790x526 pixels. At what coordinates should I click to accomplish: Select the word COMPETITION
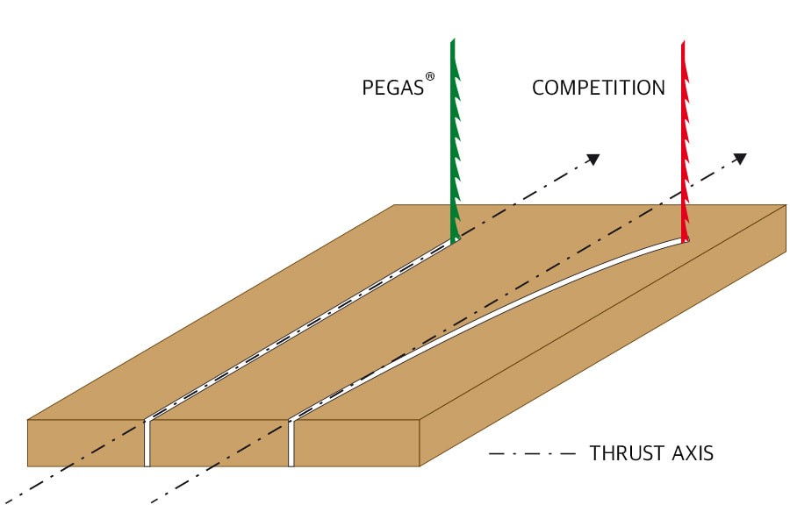pos(599,88)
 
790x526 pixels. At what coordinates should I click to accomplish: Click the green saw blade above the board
pos(455,140)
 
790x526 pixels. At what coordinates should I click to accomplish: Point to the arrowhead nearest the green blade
pos(593,159)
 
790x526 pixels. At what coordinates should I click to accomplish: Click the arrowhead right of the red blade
pos(740,159)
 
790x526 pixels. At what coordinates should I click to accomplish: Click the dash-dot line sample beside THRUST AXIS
pos(531,454)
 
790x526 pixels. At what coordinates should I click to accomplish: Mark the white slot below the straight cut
pos(147,444)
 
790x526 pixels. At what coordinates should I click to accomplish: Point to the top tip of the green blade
pos(452,41)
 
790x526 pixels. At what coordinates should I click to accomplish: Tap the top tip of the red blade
pos(683,41)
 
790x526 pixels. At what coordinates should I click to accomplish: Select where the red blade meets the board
pos(685,238)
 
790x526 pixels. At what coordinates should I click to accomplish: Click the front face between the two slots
pos(219,444)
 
